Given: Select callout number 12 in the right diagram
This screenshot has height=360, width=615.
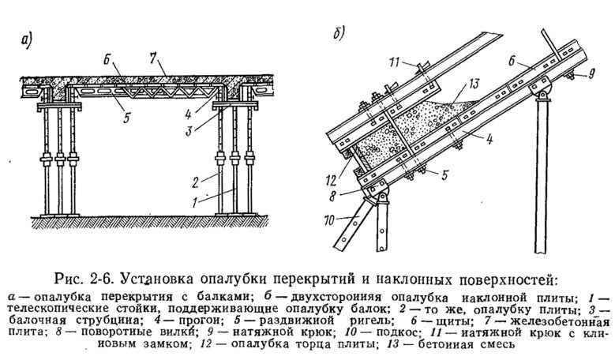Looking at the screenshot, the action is coord(331,180).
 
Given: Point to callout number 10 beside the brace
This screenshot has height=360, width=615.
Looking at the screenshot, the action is coord(329,220).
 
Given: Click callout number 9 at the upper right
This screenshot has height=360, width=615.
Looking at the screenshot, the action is coord(591,73).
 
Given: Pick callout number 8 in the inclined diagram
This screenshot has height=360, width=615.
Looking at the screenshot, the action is coord(332,196).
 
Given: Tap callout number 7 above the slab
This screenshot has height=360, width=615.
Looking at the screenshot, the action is coord(152,58).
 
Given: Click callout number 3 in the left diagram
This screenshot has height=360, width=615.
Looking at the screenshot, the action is coord(189,131).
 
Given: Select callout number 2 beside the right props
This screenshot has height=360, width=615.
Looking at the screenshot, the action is coord(196,182).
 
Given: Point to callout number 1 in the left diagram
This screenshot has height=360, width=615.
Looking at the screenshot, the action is coord(195,203).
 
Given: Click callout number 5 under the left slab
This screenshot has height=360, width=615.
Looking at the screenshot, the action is coord(126,118).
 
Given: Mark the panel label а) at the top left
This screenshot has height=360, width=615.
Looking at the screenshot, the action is coord(26,40).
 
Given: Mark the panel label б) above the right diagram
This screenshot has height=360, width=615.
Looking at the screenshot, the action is coord(339,34).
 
